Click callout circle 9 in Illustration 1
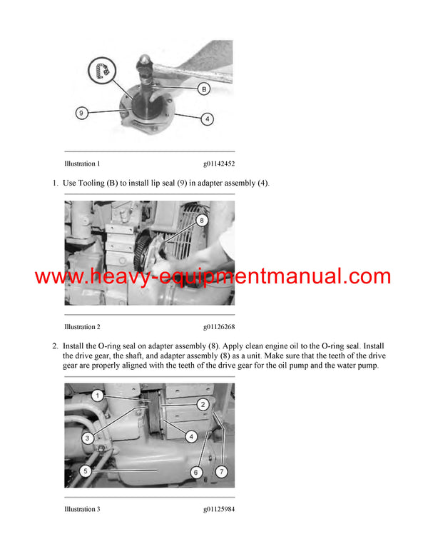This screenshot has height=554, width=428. pos(83,112)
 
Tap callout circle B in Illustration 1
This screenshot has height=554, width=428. pos(204,89)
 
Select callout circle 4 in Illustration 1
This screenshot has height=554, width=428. pos(207,119)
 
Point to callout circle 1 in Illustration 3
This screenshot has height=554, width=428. pos(97,395)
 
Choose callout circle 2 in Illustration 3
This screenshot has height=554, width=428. pos(203,404)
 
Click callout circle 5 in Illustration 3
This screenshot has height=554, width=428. pos(85,470)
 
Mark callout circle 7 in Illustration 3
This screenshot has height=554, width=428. pos(222,472)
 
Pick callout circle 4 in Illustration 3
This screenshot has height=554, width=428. pos(191,436)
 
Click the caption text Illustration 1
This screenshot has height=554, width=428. pos(82,163)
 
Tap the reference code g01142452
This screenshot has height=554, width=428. pos(218,163)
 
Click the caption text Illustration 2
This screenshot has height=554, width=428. pos(82,326)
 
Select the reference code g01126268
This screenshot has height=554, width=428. pos(218,326)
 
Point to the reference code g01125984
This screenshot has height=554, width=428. pos(218,509)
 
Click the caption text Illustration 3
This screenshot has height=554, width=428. pos(82,509)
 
